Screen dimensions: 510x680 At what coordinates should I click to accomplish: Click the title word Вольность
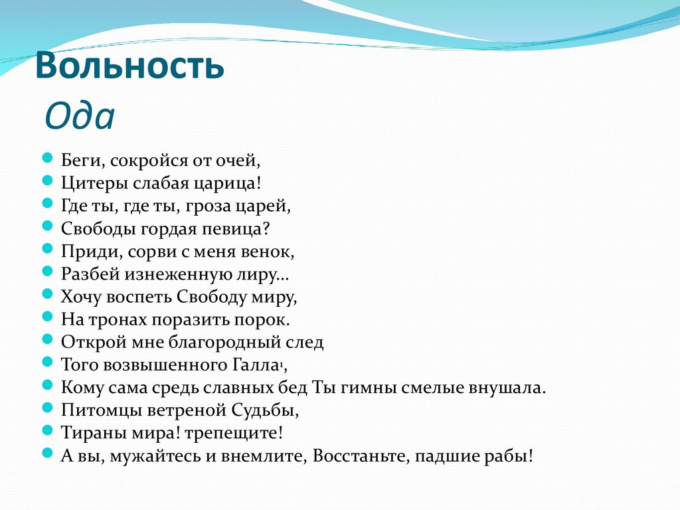click(x=129, y=67)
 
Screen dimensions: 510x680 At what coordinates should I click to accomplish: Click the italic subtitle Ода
click(x=80, y=118)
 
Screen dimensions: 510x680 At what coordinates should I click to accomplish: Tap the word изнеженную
click(x=175, y=274)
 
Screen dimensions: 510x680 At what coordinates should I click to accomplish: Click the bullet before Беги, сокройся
click(x=47, y=158)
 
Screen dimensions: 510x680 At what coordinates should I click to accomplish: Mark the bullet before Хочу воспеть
click(x=47, y=294)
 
